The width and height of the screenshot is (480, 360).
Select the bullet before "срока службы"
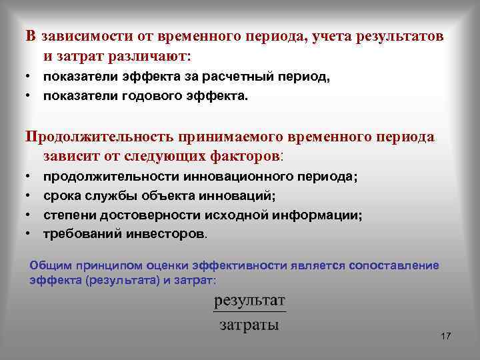(30, 197)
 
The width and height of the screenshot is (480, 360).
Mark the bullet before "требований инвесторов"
(30, 235)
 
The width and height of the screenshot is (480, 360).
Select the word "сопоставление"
(397, 265)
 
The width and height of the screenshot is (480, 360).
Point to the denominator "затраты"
(249, 325)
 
